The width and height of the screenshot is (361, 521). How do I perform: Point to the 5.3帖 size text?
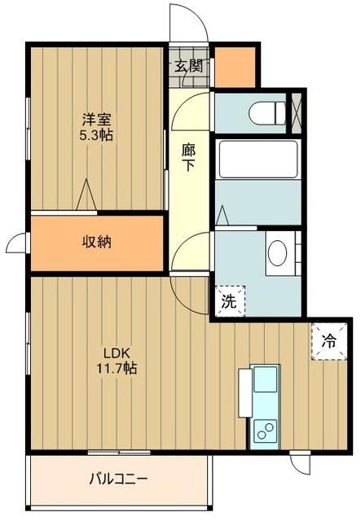click(95, 135)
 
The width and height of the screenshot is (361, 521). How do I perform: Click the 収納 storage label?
click(96, 242)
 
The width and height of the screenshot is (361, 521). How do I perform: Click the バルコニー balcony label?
click(118, 479)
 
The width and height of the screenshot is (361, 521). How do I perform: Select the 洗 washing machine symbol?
click(229, 300)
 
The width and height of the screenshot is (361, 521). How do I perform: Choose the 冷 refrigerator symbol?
click(329, 340)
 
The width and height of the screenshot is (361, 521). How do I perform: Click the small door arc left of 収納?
click(16, 243)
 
